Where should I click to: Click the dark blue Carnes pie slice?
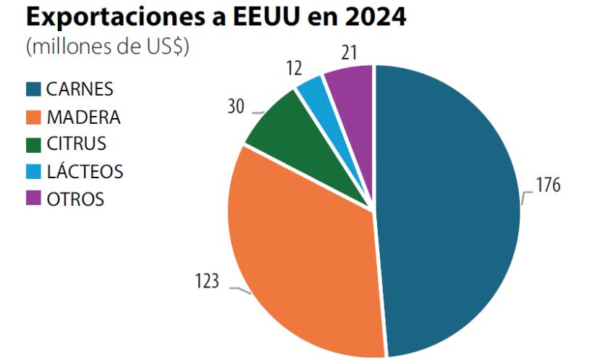coord(449,210)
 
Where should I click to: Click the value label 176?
coord(548,185)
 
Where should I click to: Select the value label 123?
coord(206,281)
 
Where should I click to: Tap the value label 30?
coord(236,106)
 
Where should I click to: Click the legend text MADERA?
coord(83,117)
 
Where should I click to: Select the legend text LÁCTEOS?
coord(84,172)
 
